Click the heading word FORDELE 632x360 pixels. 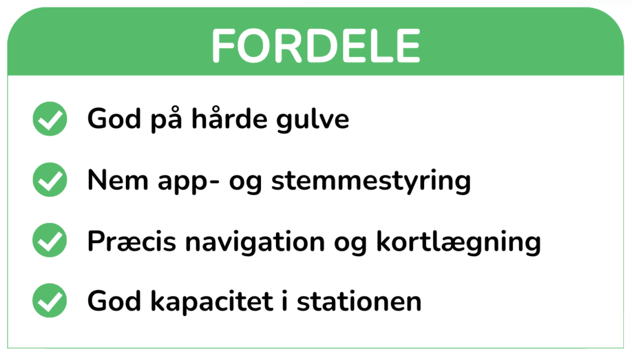point(315,46)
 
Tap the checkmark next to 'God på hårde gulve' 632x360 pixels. point(50,119)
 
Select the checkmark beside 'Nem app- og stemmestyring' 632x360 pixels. point(50,180)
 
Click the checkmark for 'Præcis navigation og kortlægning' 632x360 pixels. point(50,240)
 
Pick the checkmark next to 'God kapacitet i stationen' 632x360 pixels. point(50,301)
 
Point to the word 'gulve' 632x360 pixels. point(313,120)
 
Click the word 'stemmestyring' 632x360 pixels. point(371,182)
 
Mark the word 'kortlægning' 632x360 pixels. point(459,242)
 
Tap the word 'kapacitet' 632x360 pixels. point(212,303)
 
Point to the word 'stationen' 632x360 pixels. point(359,301)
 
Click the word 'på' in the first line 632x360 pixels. point(167,120)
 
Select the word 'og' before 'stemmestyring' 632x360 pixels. point(246,184)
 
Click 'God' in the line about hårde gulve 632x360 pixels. point(114,119)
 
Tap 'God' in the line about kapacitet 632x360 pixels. point(114,301)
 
